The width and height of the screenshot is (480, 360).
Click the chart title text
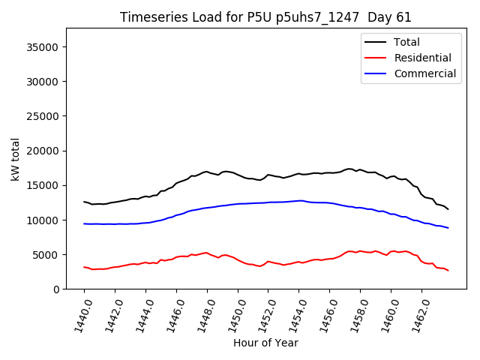coord(265,17)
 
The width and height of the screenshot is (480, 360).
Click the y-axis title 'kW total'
coord(15,159)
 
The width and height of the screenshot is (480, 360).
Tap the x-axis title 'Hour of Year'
coord(265,343)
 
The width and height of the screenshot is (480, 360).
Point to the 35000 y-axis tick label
coord(44,47)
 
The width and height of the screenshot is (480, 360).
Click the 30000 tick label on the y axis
coord(44,82)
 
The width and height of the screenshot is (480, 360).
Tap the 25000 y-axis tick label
coord(44,116)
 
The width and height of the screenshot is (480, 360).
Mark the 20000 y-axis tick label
coord(44,151)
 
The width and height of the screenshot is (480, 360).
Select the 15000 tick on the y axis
coord(44,185)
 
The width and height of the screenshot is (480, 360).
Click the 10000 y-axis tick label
coord(44,220)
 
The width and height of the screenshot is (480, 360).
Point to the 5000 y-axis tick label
coord(47,254)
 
